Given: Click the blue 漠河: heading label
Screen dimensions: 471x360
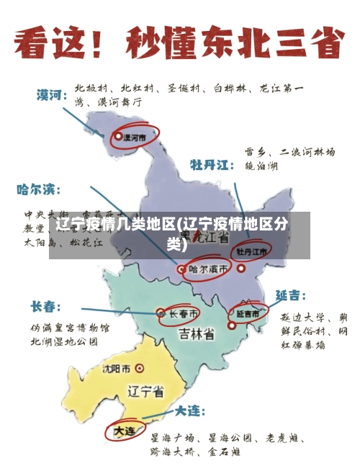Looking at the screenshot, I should tap(52, 94).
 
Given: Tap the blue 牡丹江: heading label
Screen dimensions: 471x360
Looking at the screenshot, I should tap(212, 165).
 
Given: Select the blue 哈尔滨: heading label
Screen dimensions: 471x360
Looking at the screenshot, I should tap(39, 190).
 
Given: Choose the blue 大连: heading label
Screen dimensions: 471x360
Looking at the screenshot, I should tap(190, 411).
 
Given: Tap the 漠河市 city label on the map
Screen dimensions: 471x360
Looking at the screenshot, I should tap(135, 135).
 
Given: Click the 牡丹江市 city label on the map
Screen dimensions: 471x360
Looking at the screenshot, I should tap(252, 252).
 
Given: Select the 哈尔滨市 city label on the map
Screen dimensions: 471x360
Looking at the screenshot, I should tap(210, 269).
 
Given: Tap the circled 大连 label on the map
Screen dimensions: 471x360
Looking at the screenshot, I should tap(124, 431).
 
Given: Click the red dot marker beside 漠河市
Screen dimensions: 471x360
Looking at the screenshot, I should tap(118, 135).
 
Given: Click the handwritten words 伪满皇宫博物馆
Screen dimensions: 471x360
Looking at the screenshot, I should tap(69, 328).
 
